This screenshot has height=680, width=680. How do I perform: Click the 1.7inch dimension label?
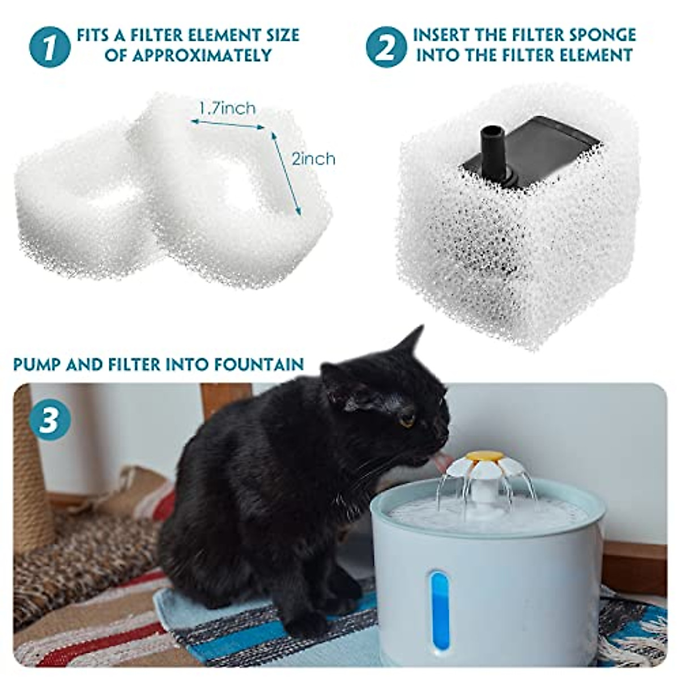click(227, 108)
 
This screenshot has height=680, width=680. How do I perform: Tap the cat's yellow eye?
click(407, 421)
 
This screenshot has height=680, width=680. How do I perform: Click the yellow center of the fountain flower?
click(483, 456)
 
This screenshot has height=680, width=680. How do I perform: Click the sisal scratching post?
click(31, 482)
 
